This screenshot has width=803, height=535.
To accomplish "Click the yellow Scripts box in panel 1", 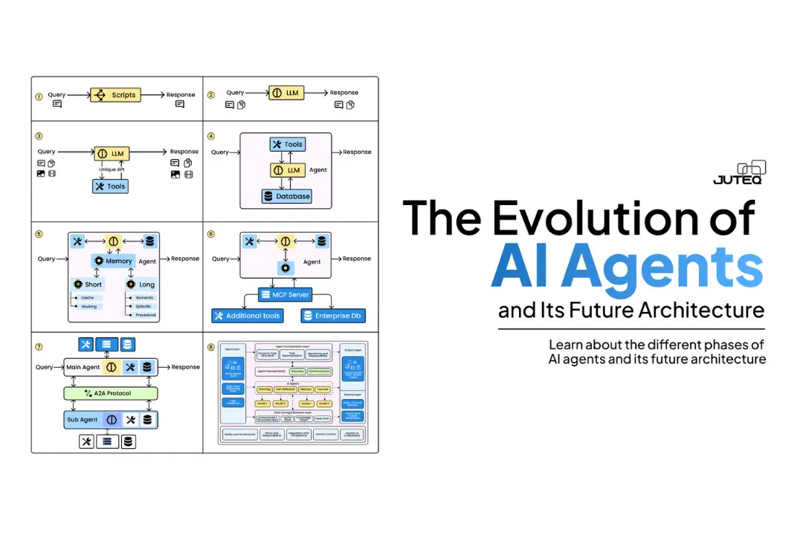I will [115, 95].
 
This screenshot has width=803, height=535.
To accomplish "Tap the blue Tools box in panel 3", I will [110, 186].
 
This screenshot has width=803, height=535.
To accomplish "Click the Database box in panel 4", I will [286, 196].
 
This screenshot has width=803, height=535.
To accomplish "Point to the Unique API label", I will [111, 169].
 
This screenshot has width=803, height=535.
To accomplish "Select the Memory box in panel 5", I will [113, 262].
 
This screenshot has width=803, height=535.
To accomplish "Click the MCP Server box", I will [286, 294].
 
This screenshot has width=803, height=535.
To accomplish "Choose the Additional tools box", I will [247, 316].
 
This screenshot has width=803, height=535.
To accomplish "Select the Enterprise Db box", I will [334, 316].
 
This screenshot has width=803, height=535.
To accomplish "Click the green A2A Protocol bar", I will [111, 393].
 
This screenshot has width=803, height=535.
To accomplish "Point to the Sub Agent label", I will [82, 420].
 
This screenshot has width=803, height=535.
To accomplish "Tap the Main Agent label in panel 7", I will [83, 367].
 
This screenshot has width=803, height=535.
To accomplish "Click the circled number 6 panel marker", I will [210, 233].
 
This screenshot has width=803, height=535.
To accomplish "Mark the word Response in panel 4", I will [357, 152].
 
